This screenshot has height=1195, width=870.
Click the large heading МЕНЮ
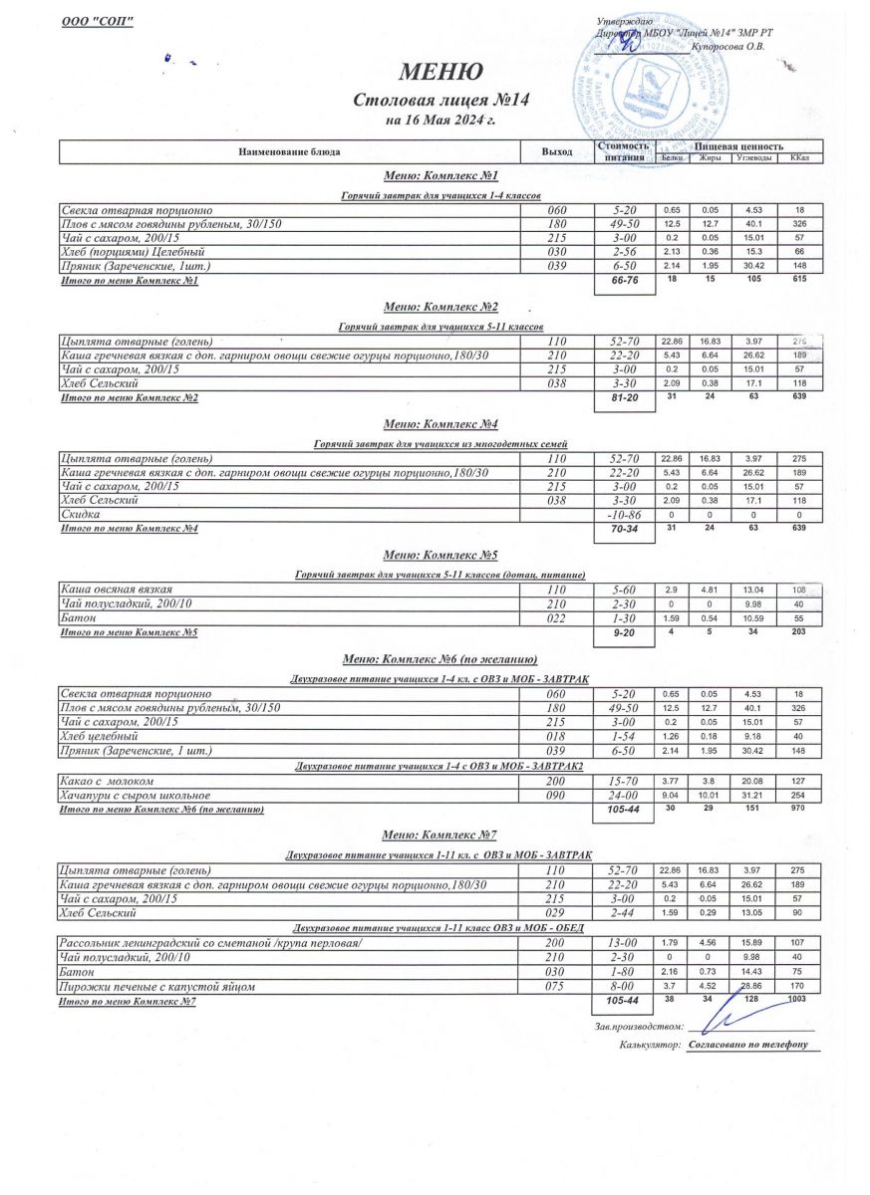coord(440,72)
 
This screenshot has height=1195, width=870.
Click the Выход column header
coord(556,152)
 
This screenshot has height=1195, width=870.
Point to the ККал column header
coord(799,158)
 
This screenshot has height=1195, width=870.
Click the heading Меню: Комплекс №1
coord(440,176)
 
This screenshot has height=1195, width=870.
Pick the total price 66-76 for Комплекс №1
coord(623,284)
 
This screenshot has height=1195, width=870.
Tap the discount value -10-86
coord(623,514)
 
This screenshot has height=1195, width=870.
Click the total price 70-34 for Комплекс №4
coord(623,531)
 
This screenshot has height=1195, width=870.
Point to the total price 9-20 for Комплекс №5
coord(623,633)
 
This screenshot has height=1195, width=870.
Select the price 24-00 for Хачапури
coord(623,796)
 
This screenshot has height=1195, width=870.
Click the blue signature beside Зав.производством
coord(732,1020)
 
